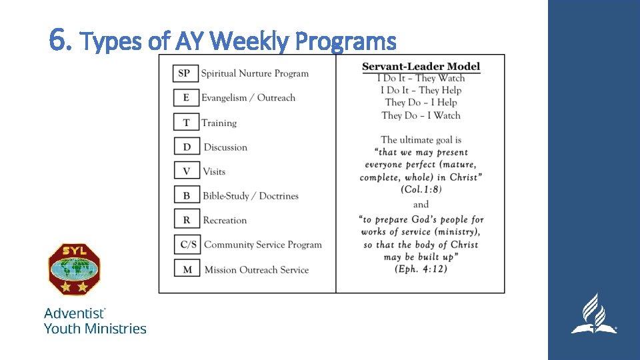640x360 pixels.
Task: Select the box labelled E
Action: click(x=185, y=97)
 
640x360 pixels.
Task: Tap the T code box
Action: click(x=185, y=122)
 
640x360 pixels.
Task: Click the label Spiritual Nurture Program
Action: click(x=255, y=73)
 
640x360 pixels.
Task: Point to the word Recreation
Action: click(x=225, y=220)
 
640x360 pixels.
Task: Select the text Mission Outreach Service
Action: click(x=256, y=270)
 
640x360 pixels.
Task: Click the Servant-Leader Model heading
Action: click(x=421, y=67)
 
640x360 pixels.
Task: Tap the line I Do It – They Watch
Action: click(x=421, y=78)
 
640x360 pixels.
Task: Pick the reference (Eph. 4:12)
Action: click(x=421, y=269)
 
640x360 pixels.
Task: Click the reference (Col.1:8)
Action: click(x=421, y=189)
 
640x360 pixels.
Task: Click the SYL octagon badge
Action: click(x=75, y=269)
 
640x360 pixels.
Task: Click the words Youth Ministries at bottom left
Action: click(x=95, y=328)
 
